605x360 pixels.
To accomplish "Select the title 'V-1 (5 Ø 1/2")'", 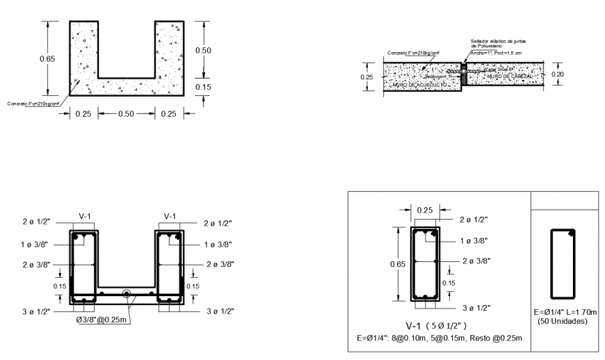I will (x=435, y=325).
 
